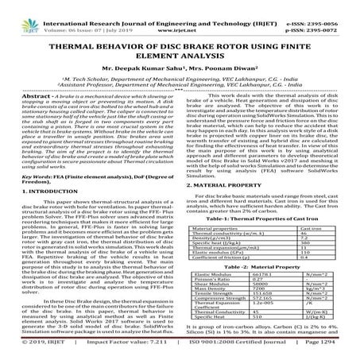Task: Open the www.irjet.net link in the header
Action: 180,14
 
